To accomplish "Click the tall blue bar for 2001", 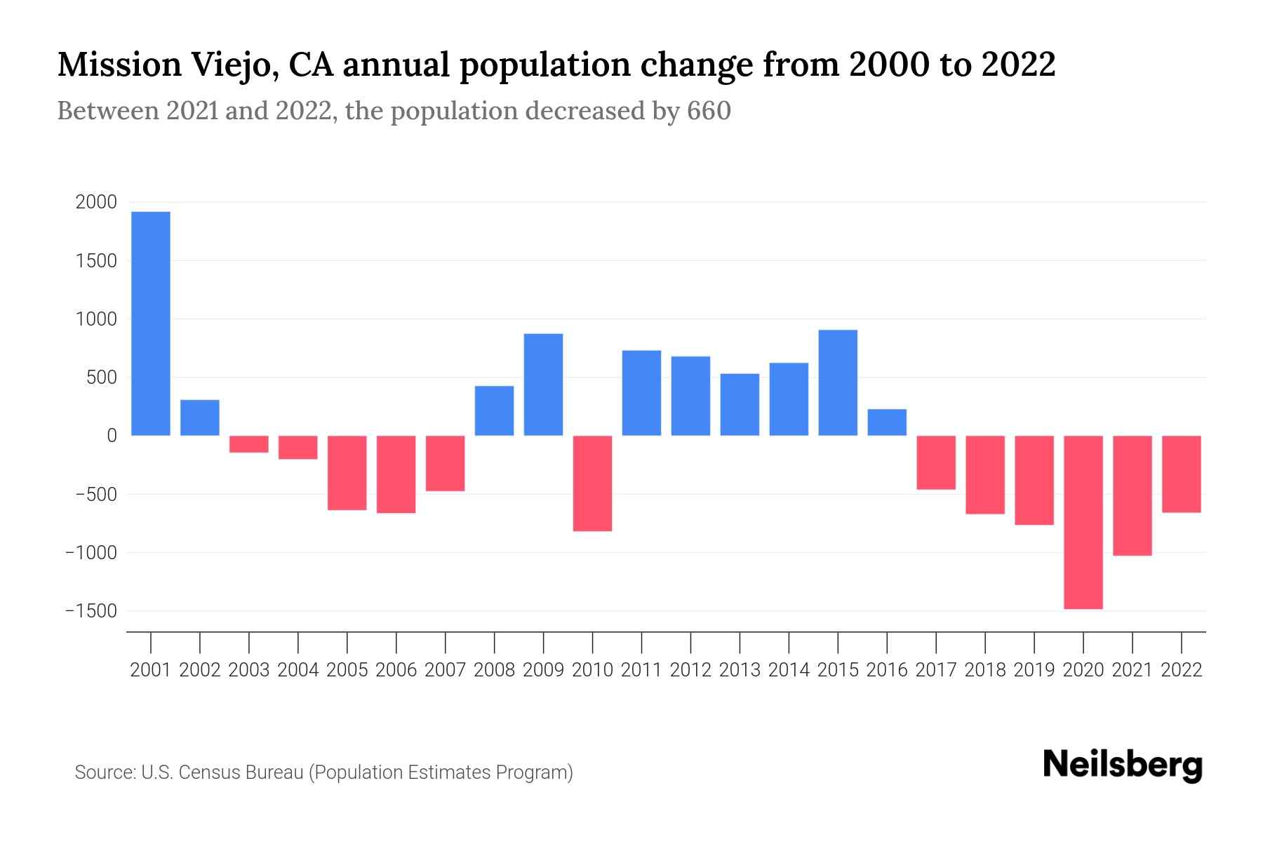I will [151, 323].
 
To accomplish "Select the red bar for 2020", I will [1083, 522].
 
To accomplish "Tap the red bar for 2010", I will [592, 483].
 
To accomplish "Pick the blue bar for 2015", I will [838, 382].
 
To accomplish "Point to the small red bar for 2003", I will [249, 444].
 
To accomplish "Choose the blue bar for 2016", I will [887, 422].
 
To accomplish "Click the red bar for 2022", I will [1182, 474].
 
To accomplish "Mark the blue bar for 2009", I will [543, 385].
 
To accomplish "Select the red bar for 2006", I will [396, 474].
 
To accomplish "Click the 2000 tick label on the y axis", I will [96, 203].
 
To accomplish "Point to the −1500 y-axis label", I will [91, 611].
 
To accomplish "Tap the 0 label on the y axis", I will [112, 436].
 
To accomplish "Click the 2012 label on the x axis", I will [690, 670].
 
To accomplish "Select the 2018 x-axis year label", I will [985, 670].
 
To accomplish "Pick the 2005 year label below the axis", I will [347, 670].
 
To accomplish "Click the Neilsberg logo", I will [1123, 765].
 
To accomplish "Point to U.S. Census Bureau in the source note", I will [223, 773].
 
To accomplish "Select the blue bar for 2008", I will [494, 410].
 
